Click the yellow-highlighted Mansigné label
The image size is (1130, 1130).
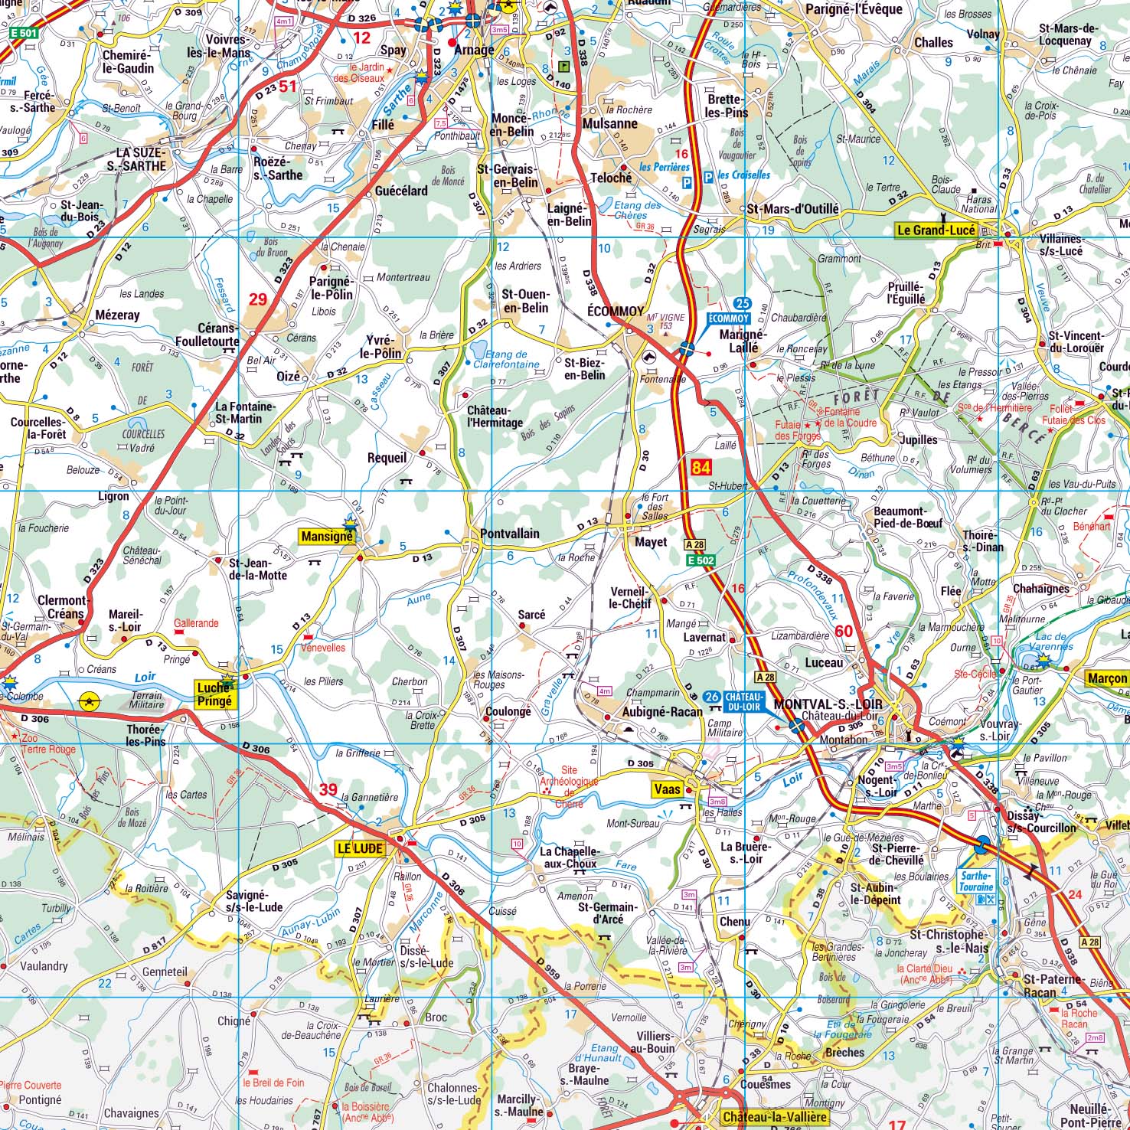tap(326, 537)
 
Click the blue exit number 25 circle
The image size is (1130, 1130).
tap(741, 304)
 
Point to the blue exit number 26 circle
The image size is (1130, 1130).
tap(712, 697)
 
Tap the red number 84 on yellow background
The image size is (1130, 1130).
tap(700, 466)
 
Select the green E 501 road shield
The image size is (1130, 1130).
tap(24, 34)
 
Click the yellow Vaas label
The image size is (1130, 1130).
tap(668, 789)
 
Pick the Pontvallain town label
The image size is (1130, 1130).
tap(509, 534)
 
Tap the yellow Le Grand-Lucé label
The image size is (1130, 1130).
tap(936, 230)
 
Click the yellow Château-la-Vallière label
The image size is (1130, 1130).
tap(773, 1117)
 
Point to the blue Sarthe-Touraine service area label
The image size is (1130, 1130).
tap(975, 880)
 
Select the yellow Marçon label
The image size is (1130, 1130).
tap(1107, 678)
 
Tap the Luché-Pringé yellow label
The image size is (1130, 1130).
tap(214, 694)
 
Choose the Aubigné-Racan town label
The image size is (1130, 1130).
tap(661, 711)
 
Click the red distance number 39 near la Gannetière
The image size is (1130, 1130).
tap(328, 789)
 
